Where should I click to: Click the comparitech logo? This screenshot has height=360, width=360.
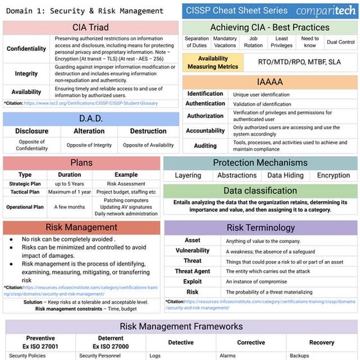[325, 11]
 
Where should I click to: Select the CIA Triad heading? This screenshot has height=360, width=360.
[91, 28]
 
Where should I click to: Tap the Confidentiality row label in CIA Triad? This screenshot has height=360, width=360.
[26, 49]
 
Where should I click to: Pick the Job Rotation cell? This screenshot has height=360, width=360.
[253, 42]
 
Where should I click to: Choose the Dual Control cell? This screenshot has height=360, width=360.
[340, 42]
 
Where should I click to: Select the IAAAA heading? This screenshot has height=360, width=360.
[270, 82]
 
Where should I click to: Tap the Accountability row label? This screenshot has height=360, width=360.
[205, 130]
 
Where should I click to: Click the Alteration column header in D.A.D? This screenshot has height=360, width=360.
[89, 131]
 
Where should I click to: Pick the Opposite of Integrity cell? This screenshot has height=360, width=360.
[89, 145]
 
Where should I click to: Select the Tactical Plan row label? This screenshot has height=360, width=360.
[25, 192]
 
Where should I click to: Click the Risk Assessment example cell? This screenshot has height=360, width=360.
[126, 184]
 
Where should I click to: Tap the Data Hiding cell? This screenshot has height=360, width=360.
[285, 175]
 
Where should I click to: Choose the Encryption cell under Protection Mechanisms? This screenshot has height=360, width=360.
[334, 175]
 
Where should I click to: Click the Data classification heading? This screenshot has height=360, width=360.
[260, 191]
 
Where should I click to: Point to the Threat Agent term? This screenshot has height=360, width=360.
[192, 271]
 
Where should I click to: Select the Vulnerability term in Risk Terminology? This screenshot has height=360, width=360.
[192, 251]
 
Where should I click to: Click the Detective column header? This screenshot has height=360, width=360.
[181, 343]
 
